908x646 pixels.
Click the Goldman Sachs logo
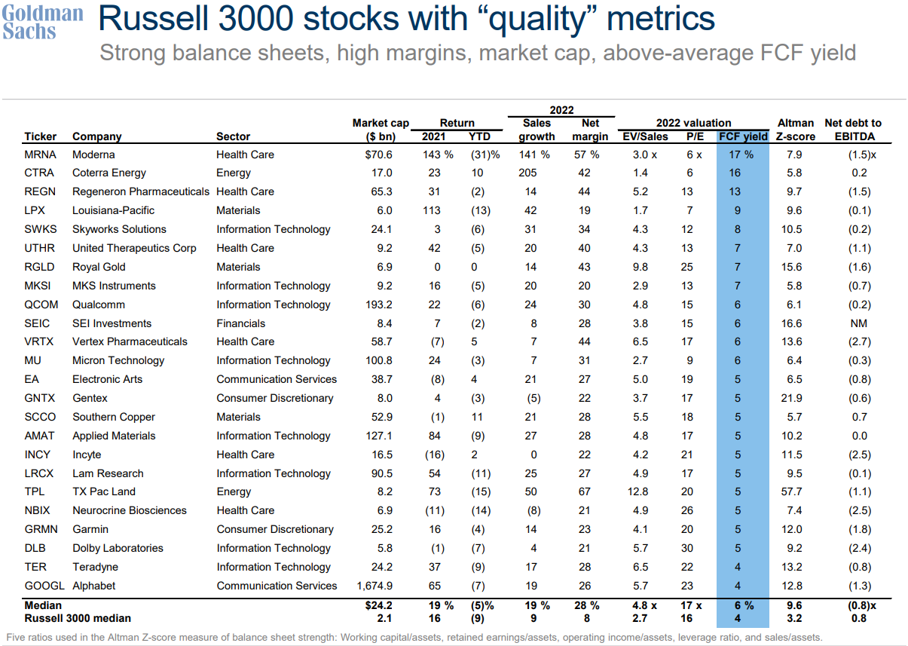(42, 22)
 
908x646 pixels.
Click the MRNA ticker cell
(40, 155)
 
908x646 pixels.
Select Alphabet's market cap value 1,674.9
(385, 586)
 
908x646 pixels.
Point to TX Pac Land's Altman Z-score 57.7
(795, 491)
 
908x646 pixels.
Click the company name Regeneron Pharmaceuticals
(141, 191)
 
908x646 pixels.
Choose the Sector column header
(233, 136)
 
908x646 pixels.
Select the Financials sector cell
(240, 323)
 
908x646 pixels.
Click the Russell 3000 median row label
(78, 618)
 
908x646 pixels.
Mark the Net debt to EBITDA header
(853, 130)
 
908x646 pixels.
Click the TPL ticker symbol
(36, 491)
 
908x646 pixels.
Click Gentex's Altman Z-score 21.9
(795, 398)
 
